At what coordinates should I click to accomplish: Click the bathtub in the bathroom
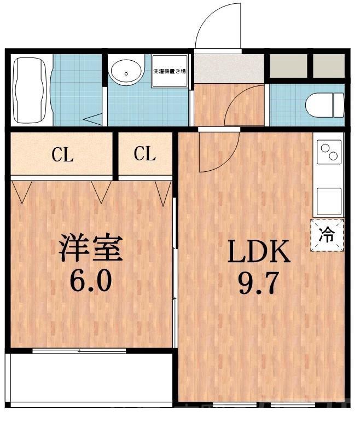31,90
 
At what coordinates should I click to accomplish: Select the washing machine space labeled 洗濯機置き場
169,71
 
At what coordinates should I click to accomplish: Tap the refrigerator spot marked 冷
327,235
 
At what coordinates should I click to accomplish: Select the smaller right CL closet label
145,154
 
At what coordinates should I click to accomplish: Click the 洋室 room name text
91,249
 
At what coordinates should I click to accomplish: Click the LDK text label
258,253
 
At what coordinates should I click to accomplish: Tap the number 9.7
258,284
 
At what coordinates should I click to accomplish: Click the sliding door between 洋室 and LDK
175,274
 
